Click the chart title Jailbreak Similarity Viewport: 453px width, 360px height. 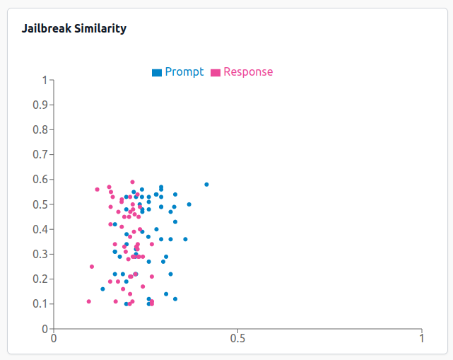coord(74,29)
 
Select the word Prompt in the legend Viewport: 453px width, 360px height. coord(184,72)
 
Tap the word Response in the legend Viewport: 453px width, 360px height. coord(248,72)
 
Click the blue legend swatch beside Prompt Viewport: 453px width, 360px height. coord(157,72)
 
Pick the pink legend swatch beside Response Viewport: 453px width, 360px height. coord(216,72)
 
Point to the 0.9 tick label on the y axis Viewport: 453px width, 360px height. coord(40,105)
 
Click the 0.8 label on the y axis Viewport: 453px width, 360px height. coord(40,130)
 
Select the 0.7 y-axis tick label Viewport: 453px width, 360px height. coord(40,155)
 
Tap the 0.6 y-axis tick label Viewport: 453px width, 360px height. coord(40,180)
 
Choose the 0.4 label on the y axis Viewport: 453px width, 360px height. coord(40,229)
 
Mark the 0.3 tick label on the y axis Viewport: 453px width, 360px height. coord(40,254)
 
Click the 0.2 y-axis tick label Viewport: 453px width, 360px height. coord(40,279)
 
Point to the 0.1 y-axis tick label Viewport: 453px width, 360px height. coord(40,304)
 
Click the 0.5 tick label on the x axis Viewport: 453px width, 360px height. coord(237,339)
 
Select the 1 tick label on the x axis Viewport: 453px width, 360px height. coord(421,339)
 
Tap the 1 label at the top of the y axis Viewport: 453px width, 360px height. coord(44,81)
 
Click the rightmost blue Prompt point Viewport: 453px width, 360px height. coord(206,185)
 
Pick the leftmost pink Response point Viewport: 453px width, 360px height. coord(88,301)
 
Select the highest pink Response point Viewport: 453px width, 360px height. coord(132,182)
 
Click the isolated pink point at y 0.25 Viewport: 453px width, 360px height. coord(92,267)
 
